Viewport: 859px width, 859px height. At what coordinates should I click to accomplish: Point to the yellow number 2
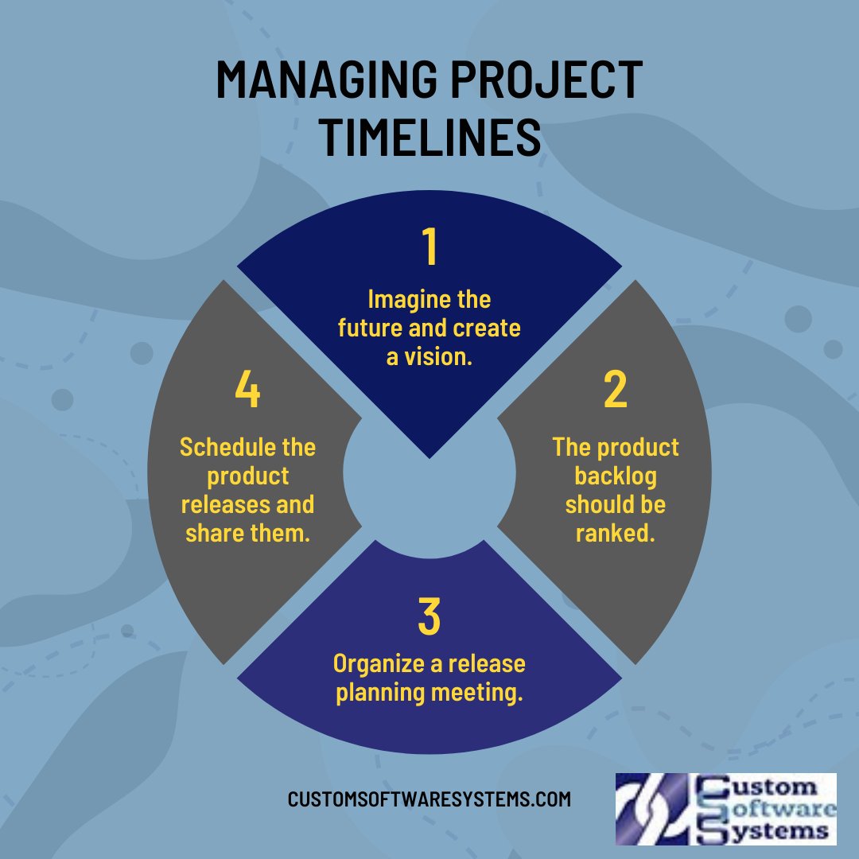click(x=615, y=390)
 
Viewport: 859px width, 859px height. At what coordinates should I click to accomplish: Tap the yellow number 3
click(x=429, y=618)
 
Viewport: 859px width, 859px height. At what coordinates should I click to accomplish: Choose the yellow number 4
click(x=247, y=390)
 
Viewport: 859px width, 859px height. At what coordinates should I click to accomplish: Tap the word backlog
click(x=615, y=476)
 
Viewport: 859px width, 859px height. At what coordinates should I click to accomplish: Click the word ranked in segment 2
click(x=615, y=534)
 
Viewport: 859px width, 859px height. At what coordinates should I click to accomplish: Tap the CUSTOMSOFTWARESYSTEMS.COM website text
click(x=429, y=799)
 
